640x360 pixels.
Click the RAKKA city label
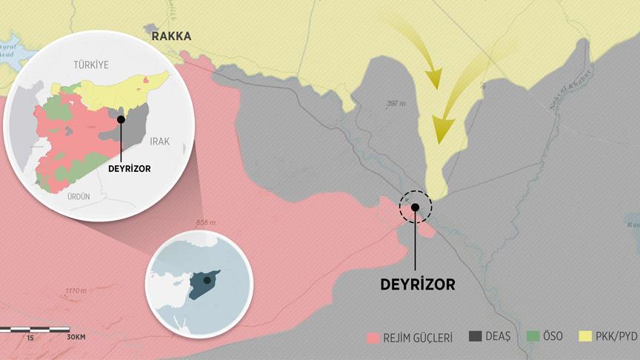[171, 36]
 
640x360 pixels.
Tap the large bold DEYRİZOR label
[417, 284]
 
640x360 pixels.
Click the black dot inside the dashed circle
[416, 208]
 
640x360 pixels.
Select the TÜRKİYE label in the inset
[90, 65]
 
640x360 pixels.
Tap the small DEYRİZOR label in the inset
[129, 168]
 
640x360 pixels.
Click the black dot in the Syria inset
[121, 119]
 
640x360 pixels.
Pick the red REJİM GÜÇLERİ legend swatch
[373, 338]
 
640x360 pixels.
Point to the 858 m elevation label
[206, 223]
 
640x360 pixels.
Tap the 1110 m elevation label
[77, 290]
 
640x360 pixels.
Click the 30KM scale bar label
[76, 338]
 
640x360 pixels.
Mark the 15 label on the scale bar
[30, 338]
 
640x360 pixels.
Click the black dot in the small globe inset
[207, 281]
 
